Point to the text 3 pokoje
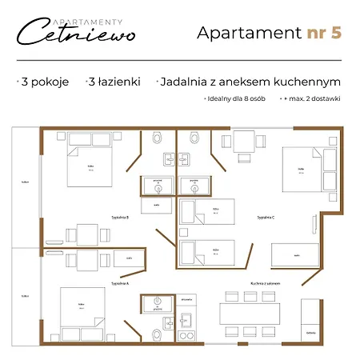[x=43, y=82]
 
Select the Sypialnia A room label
[x=120, y=284]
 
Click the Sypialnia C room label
[x=266, y=217]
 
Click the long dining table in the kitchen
[x=254, y=308]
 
